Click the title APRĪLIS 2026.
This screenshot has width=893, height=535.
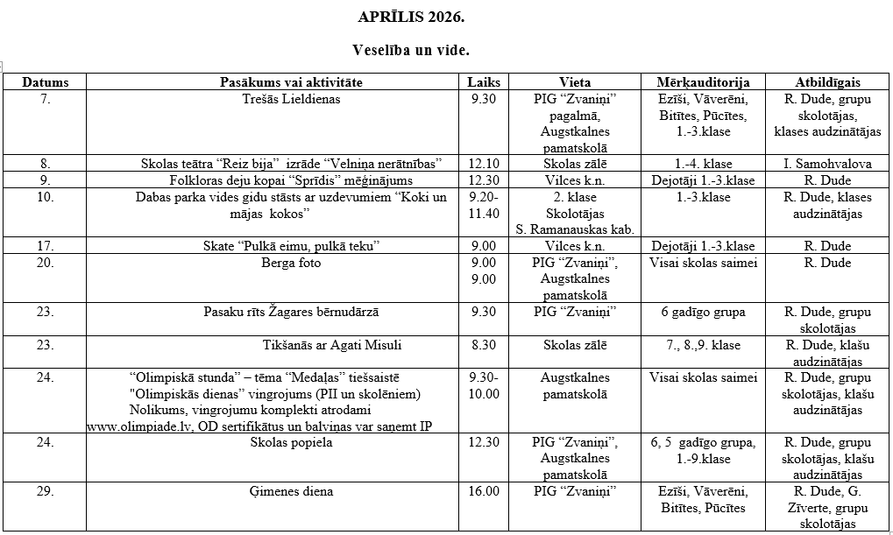point(411,17)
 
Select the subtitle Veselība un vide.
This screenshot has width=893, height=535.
point(411,50)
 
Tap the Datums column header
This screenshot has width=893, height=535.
point(46,82)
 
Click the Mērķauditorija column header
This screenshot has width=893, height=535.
point(703,82)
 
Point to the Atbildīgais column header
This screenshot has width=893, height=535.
point(827,82)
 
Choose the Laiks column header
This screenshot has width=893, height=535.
point(484,82)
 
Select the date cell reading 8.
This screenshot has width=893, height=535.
point(46,164)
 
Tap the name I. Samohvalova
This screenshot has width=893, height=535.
point(827,164)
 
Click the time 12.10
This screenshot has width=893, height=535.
point(484,164)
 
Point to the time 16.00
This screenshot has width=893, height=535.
point(484,491)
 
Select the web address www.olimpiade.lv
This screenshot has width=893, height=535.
point(130,426)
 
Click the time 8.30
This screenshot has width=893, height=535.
point(484,345)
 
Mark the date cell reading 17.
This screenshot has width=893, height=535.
point(46,246)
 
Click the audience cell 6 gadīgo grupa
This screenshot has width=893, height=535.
point(703,312)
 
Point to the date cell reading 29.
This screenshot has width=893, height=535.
point(46,491)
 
